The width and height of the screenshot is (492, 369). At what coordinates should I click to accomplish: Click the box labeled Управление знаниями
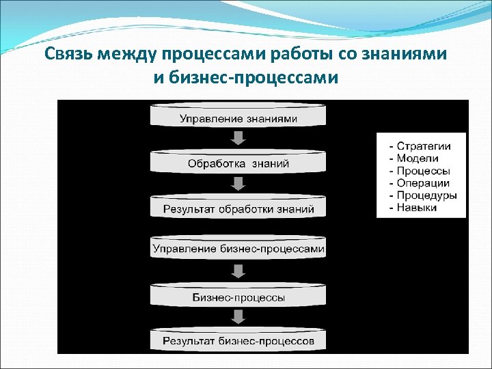coord(238,118)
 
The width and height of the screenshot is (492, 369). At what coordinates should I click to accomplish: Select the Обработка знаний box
coord(238,163)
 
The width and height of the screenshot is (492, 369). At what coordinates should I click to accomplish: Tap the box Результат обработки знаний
coord(238,208)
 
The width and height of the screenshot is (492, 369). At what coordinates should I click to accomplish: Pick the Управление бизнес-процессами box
coord(238,248)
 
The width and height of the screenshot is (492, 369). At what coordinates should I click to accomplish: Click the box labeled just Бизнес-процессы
coord(238,297)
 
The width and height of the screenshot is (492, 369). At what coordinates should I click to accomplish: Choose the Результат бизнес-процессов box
coord(238,340)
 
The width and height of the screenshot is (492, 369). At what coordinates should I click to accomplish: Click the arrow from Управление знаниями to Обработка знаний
coord(238,139)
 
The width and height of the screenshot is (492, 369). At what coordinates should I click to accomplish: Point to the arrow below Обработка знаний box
coord(238,184)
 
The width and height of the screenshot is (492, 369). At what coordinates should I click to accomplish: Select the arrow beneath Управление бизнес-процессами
coord(238,271)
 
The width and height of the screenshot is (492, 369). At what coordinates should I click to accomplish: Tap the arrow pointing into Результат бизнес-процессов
coord(238,316)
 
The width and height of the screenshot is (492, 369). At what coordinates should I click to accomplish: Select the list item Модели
coord(418,159)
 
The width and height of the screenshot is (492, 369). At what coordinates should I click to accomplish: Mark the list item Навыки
coord(416,208)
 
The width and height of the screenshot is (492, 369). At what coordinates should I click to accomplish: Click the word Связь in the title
coord(70,55)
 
